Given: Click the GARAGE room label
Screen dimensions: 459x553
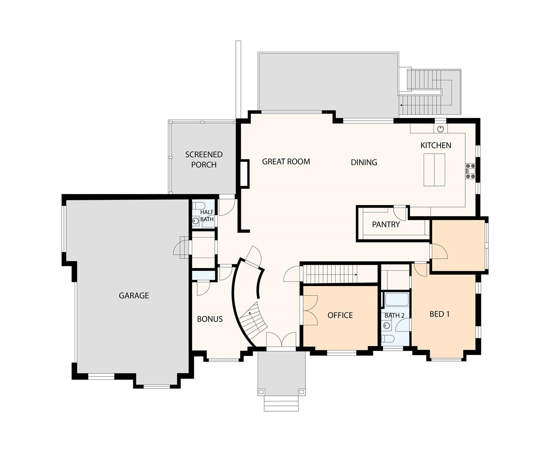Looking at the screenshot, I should pos(134,296).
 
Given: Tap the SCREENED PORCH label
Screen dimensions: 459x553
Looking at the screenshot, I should pos(204,160).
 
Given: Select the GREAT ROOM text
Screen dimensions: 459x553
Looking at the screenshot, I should pos(286,162).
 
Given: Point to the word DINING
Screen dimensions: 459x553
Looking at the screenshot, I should pos(364,162).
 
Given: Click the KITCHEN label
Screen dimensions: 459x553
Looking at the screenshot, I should pos(435,146).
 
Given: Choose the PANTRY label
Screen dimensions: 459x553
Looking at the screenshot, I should pos(386,224).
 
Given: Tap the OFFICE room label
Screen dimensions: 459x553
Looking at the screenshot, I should pos(340,315).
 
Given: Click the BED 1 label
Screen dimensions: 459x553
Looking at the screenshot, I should pos(439,314).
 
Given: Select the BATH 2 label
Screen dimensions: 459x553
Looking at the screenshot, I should pos(394,316).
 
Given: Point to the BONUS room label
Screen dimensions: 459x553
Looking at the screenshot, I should pos(210,319).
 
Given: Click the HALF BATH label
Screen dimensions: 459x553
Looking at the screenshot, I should pos(207,215).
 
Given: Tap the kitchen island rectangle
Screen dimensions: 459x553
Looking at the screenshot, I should pos(434,170).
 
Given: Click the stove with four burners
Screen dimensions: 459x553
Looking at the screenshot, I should pos(470,171).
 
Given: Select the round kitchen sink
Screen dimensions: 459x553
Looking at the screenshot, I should pos(440,129).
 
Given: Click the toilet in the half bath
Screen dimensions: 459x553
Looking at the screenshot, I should pos(198,206).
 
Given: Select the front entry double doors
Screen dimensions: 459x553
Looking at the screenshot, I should pos(281,341).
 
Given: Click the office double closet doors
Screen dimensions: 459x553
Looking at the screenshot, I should pos(310,310).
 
